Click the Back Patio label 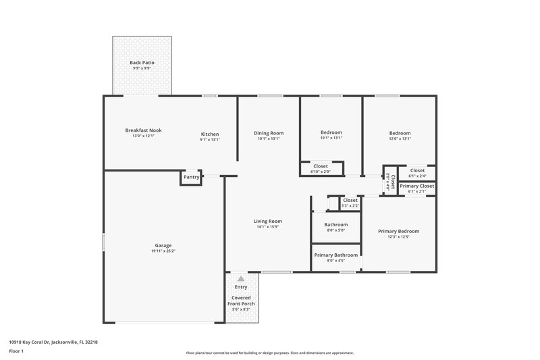pos(142,63)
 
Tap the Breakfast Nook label pos(143,130)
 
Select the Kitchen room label pos(209,134)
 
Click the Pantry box pos(191,177)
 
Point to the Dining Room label pos(268,133)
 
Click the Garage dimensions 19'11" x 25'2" pos(163,251)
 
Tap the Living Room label pos(267,221)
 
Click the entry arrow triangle pos(240,278)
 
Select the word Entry pos(240,287)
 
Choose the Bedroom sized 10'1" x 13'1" pos(331,133)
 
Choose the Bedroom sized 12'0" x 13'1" pos(400,133)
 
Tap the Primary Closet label pos(416,186)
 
